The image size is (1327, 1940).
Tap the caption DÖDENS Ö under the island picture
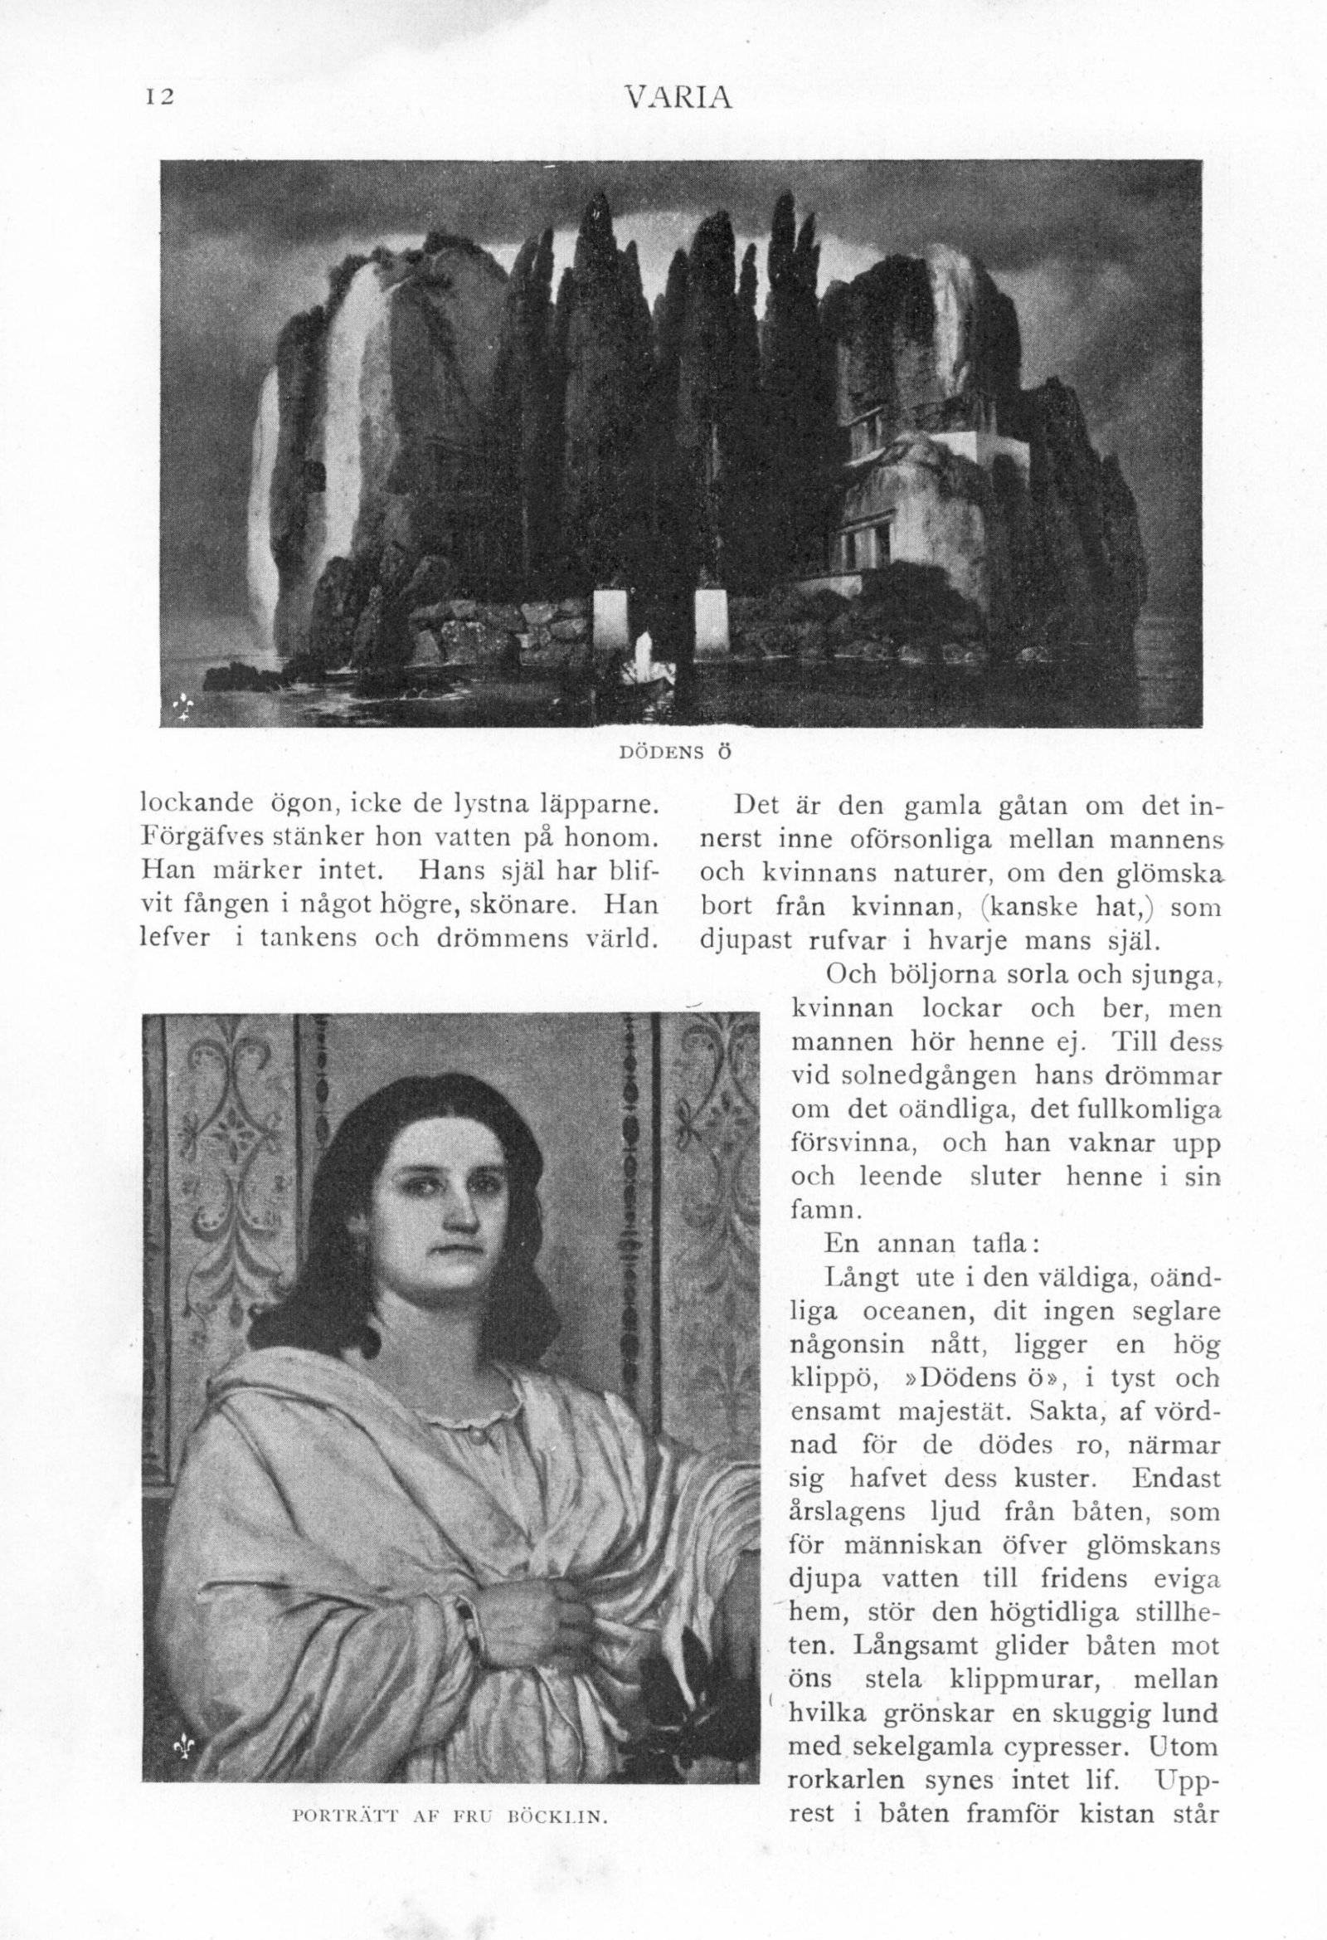point(675,751)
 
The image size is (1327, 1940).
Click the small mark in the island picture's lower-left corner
point(182,708)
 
